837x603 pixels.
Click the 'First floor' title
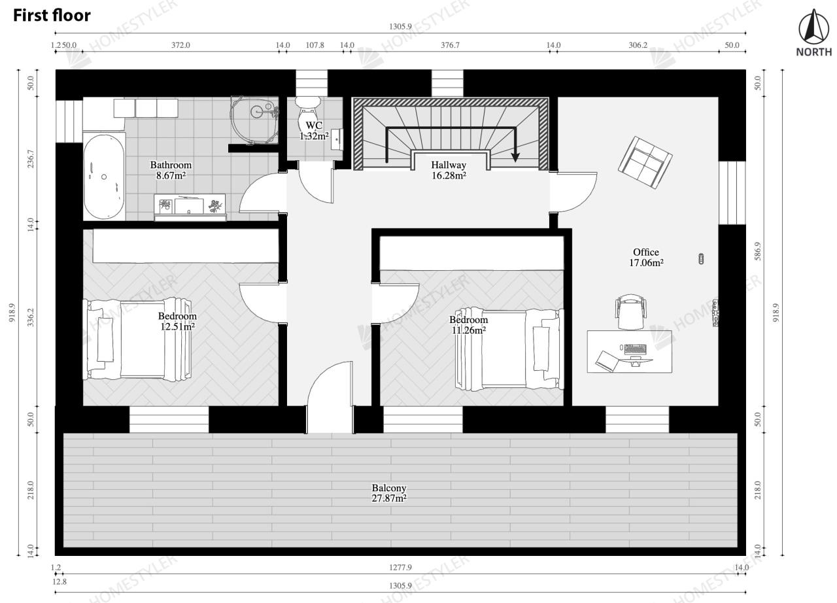52,16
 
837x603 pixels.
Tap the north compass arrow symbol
813,26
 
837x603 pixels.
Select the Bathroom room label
171,165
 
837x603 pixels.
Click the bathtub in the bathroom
104,177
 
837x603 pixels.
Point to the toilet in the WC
308,114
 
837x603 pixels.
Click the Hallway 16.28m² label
449,170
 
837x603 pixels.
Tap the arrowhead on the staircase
516,157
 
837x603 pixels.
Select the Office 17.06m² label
646,257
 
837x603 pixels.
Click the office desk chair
631,311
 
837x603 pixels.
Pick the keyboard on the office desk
635,349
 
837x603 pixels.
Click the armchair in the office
645,162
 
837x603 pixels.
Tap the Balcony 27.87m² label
389,492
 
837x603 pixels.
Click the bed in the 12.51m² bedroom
137,339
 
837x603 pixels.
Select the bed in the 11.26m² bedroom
509,349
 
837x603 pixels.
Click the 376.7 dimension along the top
451,45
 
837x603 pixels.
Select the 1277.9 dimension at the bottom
401,568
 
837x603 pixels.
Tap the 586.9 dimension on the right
757,251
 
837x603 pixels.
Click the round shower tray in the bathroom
254,120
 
